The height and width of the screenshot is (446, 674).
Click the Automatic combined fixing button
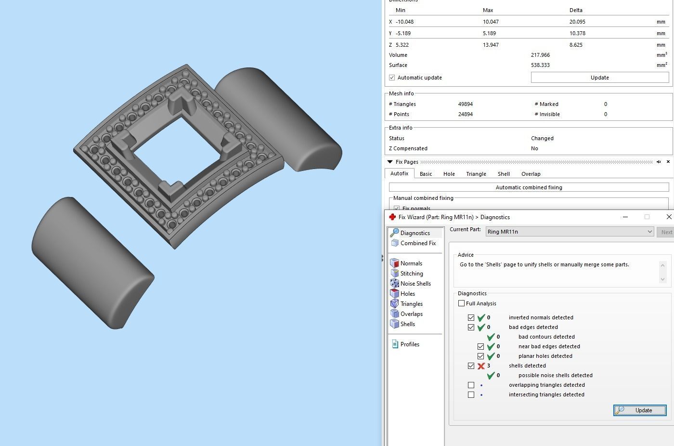point(529,187)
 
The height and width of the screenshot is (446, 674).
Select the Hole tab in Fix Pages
point(449,174)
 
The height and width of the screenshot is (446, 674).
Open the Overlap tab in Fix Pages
point(531,174)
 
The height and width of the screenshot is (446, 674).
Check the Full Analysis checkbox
point(462,303)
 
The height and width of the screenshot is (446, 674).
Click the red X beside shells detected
point(481,366)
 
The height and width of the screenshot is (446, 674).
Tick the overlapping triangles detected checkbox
point(471,385)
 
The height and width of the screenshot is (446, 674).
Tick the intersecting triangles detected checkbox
point(471,395)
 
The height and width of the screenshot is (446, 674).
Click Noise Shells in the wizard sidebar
point(415,284)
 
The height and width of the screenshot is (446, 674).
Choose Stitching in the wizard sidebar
point(411,274)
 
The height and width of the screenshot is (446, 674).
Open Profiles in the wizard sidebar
point(409,344)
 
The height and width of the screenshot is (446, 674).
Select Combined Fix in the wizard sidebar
point(417,243)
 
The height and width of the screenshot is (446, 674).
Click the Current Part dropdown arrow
point(649,232)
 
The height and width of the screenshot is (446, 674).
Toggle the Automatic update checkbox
point(392,78)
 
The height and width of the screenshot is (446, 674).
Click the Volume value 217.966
point(540,55)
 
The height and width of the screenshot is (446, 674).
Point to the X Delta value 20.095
point(577,22)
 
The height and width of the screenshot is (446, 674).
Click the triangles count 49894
point(466,104)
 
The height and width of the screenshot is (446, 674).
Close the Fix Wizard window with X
point(668,217)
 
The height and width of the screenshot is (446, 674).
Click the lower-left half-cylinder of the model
point(91,262)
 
